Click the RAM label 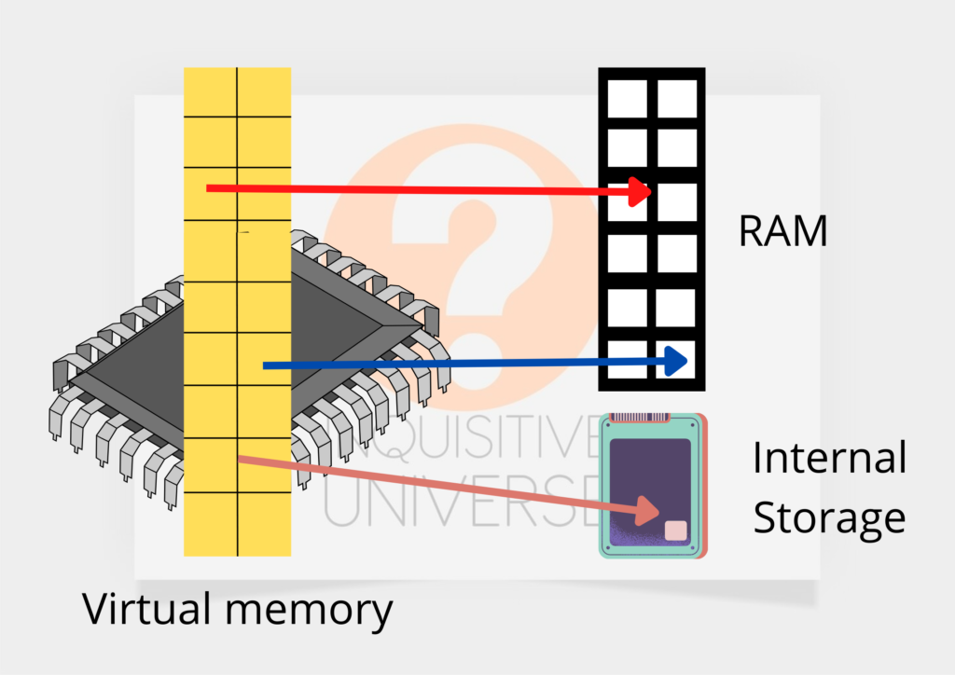tap(782, 230)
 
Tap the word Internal tap(829, 459)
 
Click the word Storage tap(828, 517)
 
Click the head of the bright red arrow tap(642, 192)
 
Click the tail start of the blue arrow tap(266, 365)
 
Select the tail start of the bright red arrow tap(209, 188)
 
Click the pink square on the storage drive tap(675, 530)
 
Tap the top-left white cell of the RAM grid tap(628, 98)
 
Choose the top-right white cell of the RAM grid tap(677, 98)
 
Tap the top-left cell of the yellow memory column tap(211, 91)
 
